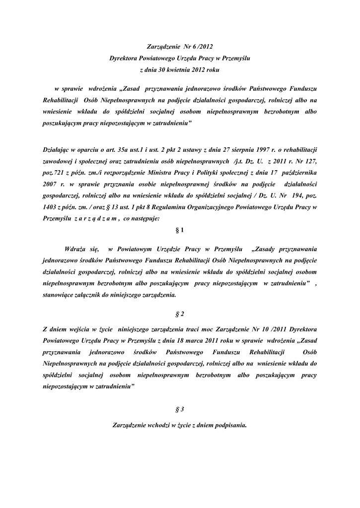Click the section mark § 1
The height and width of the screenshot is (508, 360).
[x=180, y=231]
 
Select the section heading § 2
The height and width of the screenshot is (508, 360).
[x=180, y=314]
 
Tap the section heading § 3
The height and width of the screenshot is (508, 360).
[x=180, y=409]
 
